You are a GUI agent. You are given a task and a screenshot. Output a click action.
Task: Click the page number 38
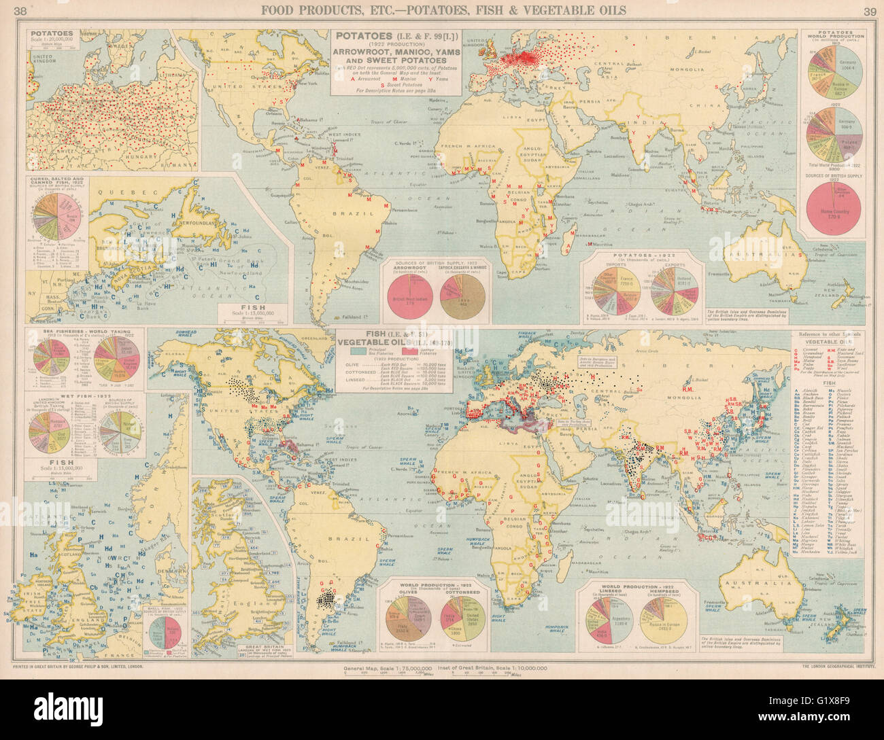21,10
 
